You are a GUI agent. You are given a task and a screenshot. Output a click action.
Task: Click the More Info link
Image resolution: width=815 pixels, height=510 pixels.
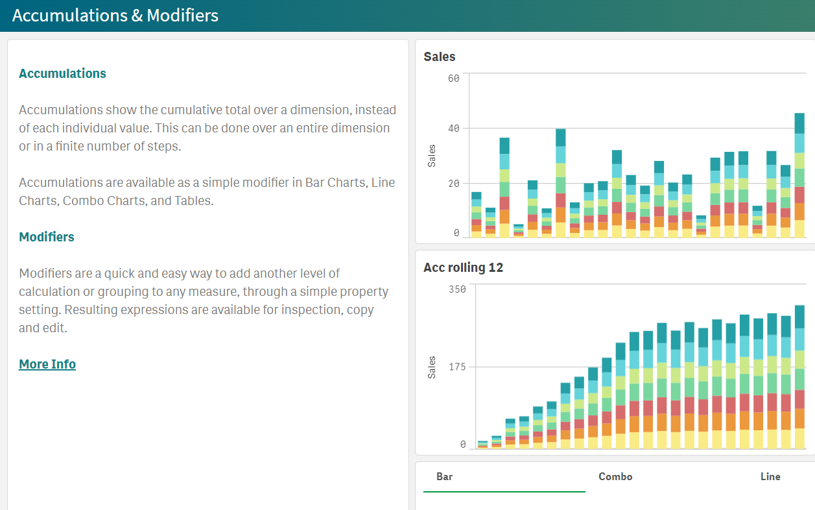(x=47, y=364)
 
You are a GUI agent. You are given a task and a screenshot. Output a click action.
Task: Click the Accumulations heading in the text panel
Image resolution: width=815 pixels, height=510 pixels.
(x=62, y=73)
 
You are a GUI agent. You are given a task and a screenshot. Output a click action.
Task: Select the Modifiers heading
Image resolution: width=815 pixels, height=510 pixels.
(x=47, y=237)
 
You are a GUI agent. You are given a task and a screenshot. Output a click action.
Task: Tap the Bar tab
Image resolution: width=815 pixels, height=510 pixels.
(x=445, y=477)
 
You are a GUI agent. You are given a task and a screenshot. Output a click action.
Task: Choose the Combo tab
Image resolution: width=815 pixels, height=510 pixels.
(x=615, y=477)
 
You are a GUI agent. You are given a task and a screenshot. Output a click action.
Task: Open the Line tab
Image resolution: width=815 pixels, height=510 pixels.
(x=770, y=477)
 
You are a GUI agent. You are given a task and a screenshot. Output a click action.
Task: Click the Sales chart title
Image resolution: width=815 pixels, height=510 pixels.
(x=440, y=56)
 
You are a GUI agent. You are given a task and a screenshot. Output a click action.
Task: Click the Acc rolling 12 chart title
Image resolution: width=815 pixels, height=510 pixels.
(x=463, y=267)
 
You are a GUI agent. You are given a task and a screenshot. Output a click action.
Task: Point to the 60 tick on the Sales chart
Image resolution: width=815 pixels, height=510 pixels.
(x=453, y=79)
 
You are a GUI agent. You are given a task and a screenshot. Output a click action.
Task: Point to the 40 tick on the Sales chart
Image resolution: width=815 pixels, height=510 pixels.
(x=453, y=128)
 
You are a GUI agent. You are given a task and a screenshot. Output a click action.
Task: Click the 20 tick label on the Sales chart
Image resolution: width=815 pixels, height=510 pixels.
(x=453, y=184)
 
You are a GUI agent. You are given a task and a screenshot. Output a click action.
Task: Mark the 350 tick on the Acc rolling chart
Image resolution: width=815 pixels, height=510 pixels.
(x=456, y=289)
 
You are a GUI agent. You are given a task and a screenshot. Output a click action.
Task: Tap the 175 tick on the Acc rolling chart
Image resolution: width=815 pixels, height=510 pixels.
(x=456, y=367)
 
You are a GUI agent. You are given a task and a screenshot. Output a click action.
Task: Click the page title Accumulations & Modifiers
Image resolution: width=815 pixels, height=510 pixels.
(x=115, y=16)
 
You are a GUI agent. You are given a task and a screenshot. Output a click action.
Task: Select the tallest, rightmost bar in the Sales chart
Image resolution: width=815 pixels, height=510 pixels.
(x=799, y=175)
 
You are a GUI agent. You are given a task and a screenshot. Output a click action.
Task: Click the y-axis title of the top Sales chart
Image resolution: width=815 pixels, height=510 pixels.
(x=432, y=156)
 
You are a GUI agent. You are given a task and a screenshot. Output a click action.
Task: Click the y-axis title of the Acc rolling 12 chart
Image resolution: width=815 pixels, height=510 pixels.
(x=432, y=367)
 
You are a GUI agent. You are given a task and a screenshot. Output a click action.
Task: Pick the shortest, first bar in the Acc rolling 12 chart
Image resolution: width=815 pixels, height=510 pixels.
(x=482, y=445)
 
